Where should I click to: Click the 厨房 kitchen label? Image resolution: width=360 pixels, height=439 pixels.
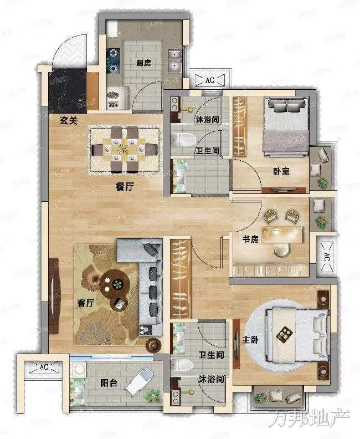point(144,63)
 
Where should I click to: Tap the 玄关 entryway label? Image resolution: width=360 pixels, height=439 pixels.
point(69,121)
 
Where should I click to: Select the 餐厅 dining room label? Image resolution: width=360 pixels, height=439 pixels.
point(125,186)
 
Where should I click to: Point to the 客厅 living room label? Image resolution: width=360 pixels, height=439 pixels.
point(86,303)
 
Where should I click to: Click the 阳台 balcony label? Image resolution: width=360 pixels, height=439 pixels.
point(109,382)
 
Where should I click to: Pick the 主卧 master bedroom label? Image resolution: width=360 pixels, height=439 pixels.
point(250,340)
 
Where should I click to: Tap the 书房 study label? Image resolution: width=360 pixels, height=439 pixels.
point(250,239)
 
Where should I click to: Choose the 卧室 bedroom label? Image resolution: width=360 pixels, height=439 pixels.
point(281,171)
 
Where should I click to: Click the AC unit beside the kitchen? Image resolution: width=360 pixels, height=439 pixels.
point(210,80)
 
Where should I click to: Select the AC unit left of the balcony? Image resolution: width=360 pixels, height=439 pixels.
point(44,367)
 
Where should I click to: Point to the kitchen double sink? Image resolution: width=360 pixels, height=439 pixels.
point(175,61)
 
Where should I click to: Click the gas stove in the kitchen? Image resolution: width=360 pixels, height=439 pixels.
point(114,60)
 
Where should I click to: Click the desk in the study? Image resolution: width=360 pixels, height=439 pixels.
point(282,234)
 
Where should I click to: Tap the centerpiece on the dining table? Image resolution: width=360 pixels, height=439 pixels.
point(123,150)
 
